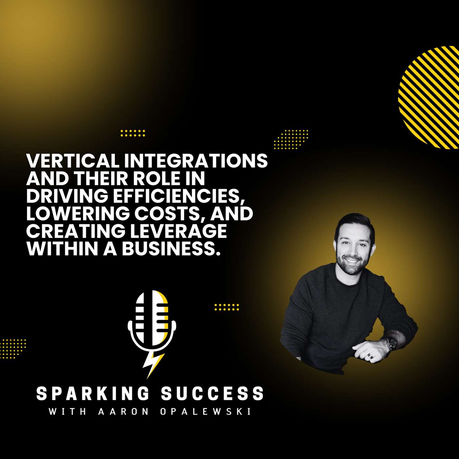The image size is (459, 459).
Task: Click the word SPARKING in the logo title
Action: tap(92, 393)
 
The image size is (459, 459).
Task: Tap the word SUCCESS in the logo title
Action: tap(212, 393)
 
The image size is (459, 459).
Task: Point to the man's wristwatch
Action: tap(391, 343)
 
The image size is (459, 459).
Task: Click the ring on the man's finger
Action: tap(370, 355)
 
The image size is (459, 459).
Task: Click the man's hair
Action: tap(354, 223)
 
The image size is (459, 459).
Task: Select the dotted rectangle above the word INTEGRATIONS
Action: tap(133, 133)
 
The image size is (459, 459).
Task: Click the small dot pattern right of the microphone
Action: tap(227, 307)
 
